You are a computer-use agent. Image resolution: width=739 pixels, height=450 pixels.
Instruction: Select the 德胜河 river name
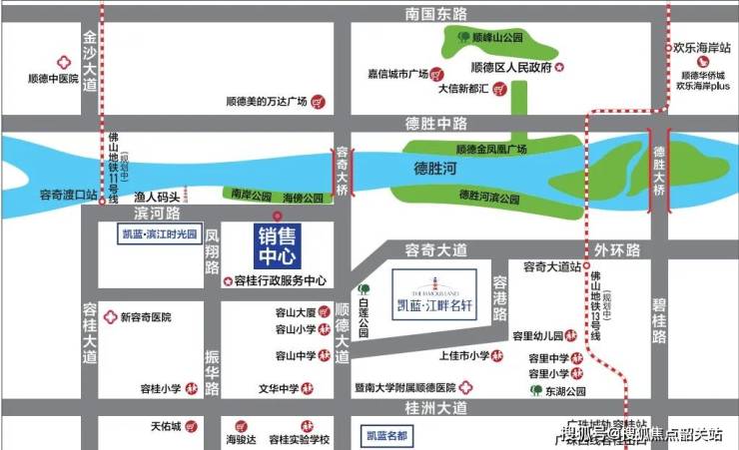[x=437, y=170]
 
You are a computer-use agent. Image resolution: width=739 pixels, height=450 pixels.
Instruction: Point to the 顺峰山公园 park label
[x=496, y=37]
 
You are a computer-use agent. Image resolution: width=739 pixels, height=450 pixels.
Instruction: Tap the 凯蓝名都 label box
[x=385, y=436]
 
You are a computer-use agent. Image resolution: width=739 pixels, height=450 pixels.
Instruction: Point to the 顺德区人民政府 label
[x=511, y=67]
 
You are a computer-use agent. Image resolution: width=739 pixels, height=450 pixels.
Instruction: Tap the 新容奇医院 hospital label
[x=145, y=317]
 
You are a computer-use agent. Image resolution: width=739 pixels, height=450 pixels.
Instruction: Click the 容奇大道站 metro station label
[x=552, y=265]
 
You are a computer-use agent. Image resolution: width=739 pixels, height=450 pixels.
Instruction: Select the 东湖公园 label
[x=571, y=390]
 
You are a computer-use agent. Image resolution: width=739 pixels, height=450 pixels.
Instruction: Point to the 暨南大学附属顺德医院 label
[x=403, y=386]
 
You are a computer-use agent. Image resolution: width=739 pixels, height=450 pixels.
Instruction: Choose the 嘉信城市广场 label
[x=396, y=74]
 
